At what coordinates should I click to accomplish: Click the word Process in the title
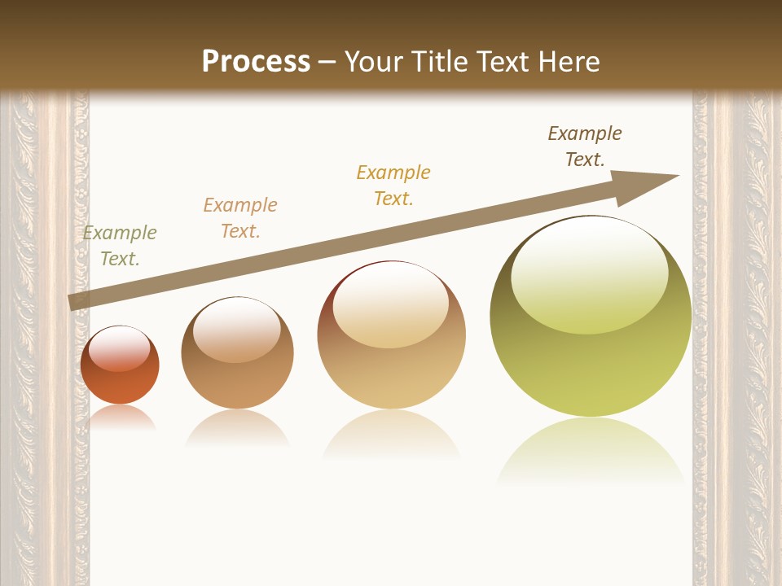point(256,61)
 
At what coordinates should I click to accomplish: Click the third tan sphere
point(391,366)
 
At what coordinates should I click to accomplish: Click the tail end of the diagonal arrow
point(72,302)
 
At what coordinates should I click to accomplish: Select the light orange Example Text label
point(240,218)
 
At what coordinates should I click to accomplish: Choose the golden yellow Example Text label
point(393,186)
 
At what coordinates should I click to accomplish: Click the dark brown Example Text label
point(585,146)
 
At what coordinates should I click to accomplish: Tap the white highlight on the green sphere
point(590,273)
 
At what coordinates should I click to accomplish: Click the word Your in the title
point(372,61)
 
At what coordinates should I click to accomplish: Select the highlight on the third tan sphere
point(391,305)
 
